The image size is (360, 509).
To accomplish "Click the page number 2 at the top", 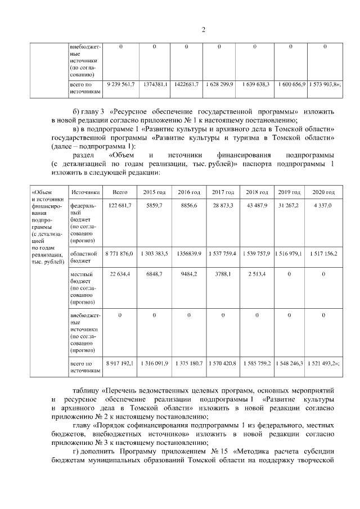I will pos(203,30).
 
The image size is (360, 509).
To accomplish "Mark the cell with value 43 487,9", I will pos(257,206).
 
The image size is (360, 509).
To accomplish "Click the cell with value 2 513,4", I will pos(257,274).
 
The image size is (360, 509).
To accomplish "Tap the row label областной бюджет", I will pos(83,258).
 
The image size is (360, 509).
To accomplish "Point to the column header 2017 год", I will pos(223,192).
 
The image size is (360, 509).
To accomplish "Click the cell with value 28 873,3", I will pos(223,206).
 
